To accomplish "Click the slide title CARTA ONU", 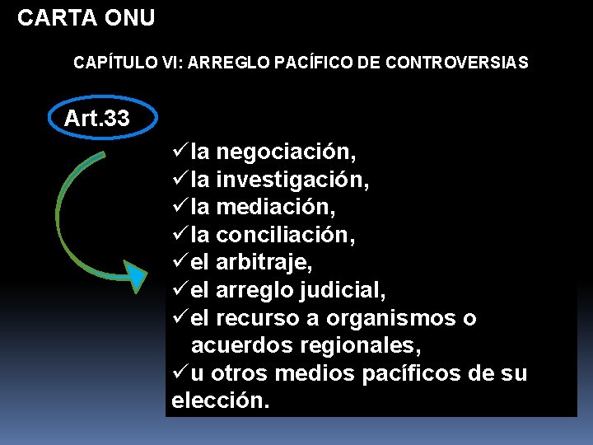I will coord(86,18).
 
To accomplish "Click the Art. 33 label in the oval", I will coord(96,119).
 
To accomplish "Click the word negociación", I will coord(286,152).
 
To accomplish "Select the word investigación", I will coord(292,180).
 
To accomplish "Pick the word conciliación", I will coord(286,236).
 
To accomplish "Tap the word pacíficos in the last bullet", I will coord(420,374).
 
